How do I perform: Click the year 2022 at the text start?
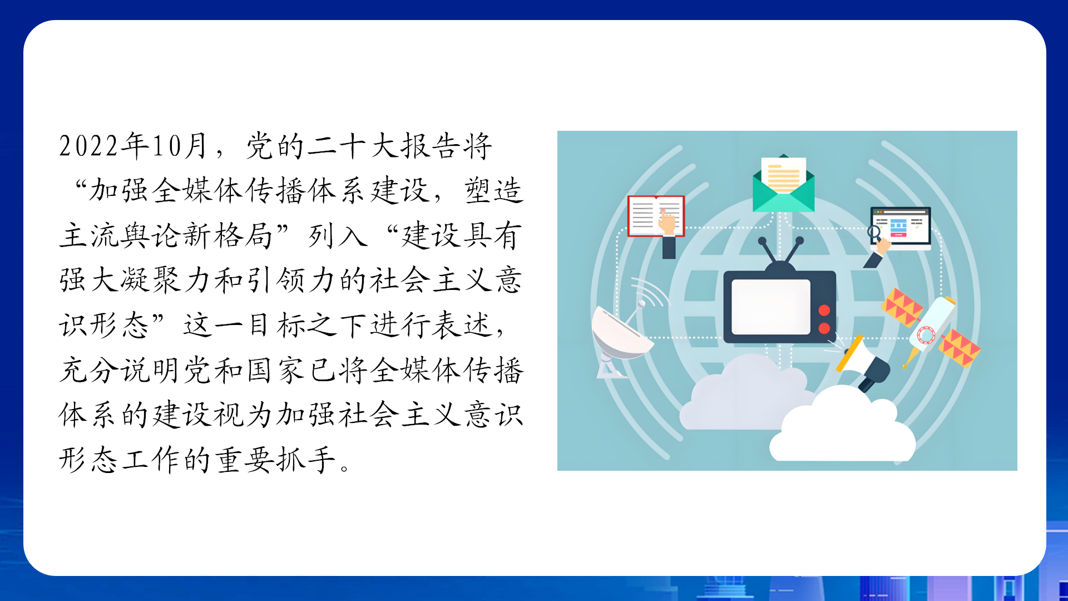(89, 146)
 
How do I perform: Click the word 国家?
(275, 370)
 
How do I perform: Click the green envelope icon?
(783, 183)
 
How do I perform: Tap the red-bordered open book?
(656, 216)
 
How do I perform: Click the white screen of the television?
(770, 307)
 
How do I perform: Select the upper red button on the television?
(824, 310)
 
